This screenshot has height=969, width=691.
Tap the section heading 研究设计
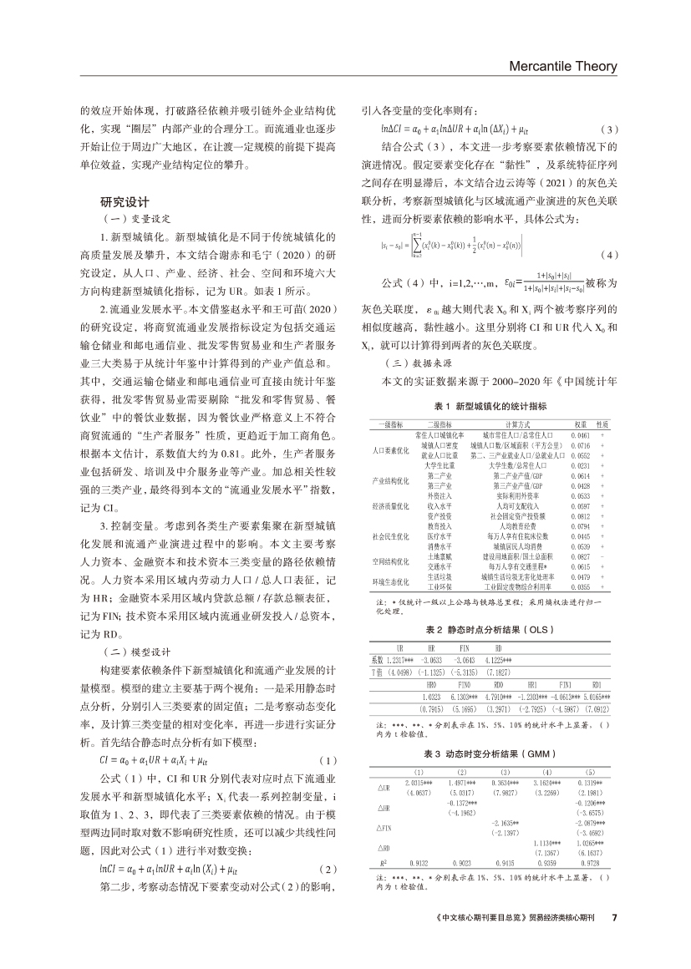pyautogui.click(x=124, y=201)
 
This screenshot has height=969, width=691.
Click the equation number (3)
pyautogui.click(x=610, y=129)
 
